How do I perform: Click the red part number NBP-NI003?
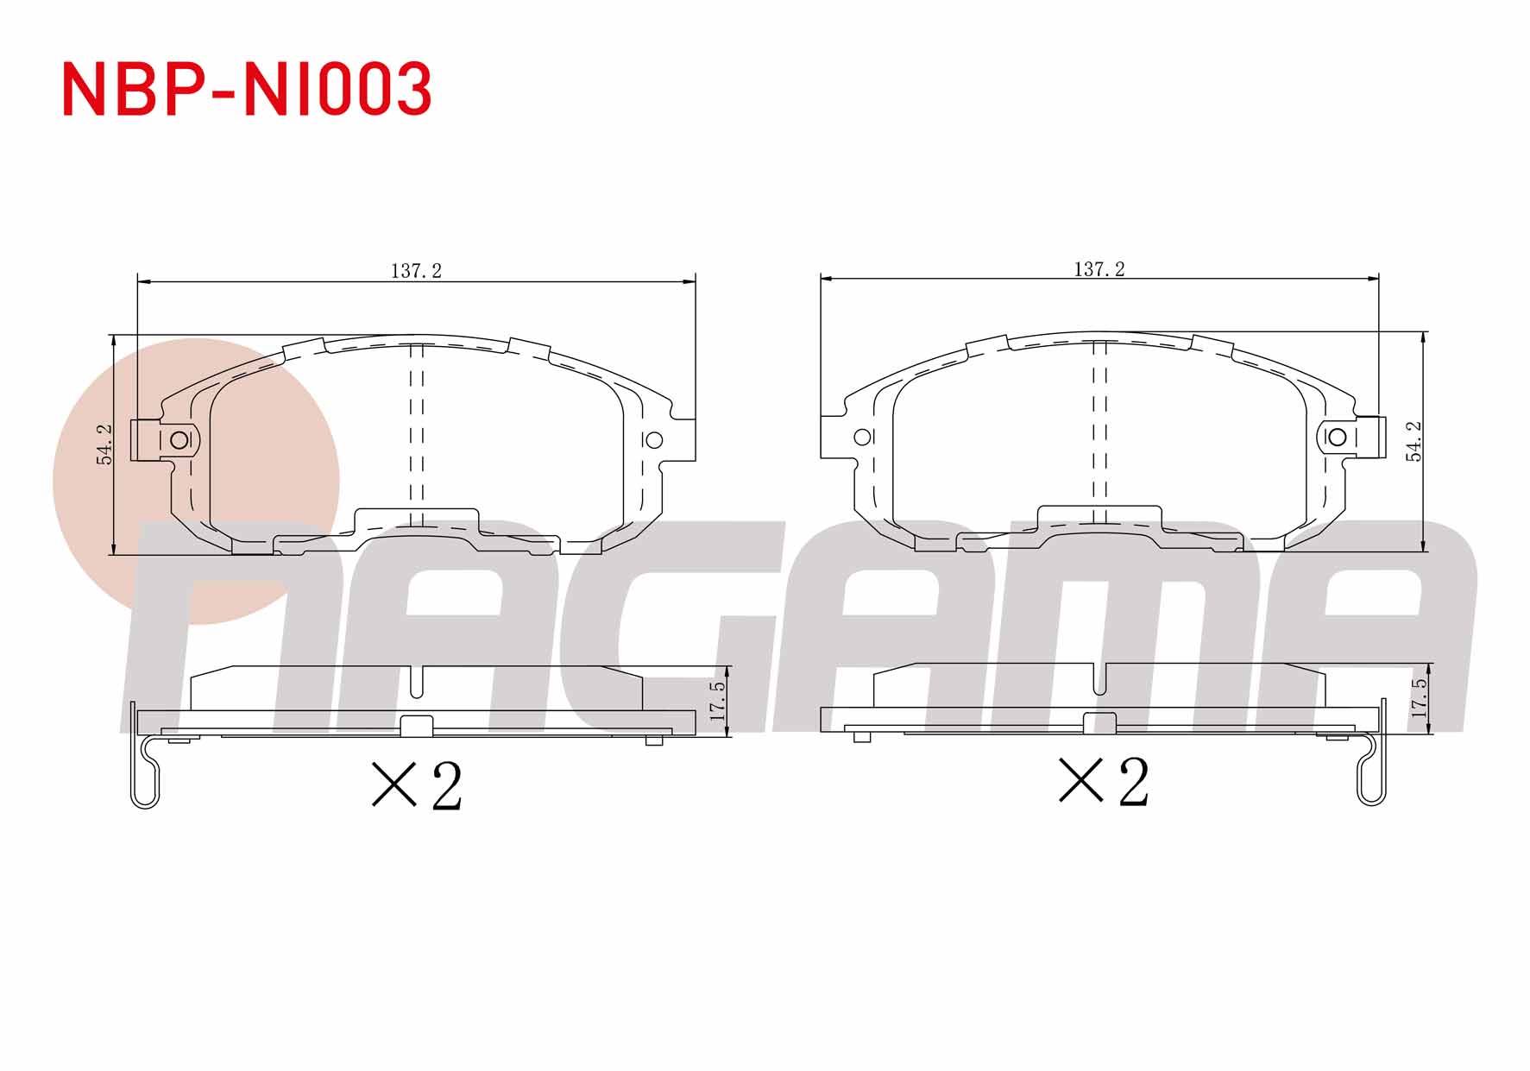pyautogui.click(x=247, y=89)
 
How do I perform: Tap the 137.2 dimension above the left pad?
pyautogui.click(x=416, y=271)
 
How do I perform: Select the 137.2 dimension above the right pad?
pyautogui.click(x=1099, y=269)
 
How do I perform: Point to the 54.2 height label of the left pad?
pyautogui.click(x=104, y=444)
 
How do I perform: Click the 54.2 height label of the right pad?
pyautogui.click(x=1414, y=441)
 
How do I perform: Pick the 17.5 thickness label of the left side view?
pyautogui.click(x=717, y=701)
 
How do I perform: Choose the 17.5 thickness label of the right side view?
pyautogui.click(x=1419, y=698)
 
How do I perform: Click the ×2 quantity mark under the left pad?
pyautogui.click(x=417, y=785)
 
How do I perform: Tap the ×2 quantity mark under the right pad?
pyautogui.click(x=1104, y=781)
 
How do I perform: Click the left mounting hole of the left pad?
pyautogui.click(x=179, y=440)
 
